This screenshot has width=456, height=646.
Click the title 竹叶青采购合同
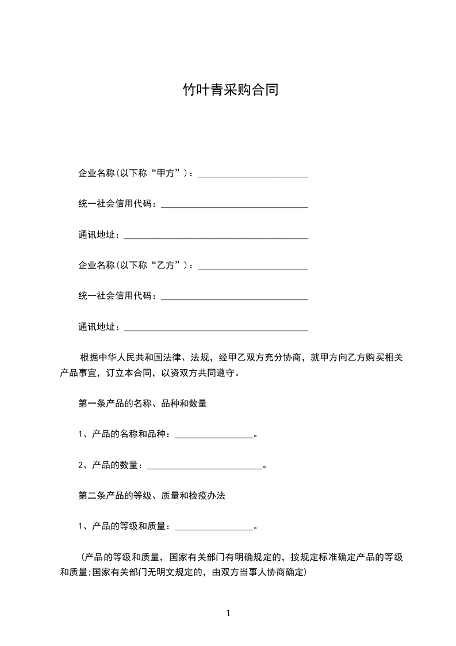point(230,90)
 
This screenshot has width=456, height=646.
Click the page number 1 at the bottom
point(228,613)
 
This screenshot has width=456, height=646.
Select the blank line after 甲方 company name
point(253,175)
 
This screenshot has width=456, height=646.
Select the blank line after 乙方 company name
point(253,267)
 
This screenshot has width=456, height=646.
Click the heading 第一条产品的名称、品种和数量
point(143,404)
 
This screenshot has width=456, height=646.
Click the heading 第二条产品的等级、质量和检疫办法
point(151,495)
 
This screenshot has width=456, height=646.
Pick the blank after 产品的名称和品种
point(213,436)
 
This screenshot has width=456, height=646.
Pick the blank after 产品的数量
point(205,466)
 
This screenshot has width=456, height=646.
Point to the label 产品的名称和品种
point(128,434)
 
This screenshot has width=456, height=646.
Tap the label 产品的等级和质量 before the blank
point(128,526)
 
